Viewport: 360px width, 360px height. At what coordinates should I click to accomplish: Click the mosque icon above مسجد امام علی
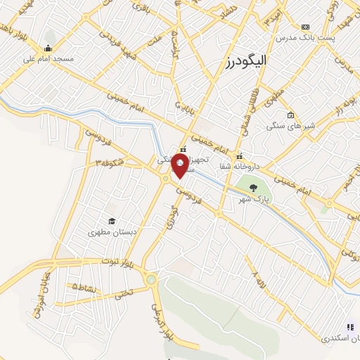pos(48,49)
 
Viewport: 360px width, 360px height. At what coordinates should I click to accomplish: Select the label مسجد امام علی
pos(48,59)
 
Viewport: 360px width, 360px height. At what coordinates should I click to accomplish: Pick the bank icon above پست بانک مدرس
pos(304,26)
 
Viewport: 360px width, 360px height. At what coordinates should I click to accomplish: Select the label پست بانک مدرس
pos(303,36)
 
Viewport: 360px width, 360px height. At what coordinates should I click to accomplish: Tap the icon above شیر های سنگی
pos(290,115)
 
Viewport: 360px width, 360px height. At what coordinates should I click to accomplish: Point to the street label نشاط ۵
pos(84,287)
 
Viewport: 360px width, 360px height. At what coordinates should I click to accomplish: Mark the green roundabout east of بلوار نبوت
pos(151,280)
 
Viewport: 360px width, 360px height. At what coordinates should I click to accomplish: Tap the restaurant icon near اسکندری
pos(349,326)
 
